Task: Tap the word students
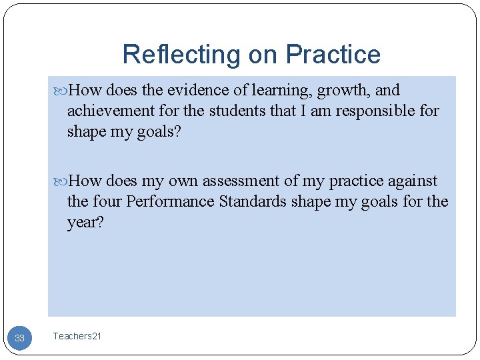(x=237, y=110)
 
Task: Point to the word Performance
(x=171, y=201)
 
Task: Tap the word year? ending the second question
(x=85, y=222)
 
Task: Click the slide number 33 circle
(x=19, y=338)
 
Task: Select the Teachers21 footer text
(x=77, y=337)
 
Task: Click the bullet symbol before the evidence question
(x=61, y=91)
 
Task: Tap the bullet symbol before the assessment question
(x=61, y=181)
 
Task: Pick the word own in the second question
(x=183, y=181)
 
